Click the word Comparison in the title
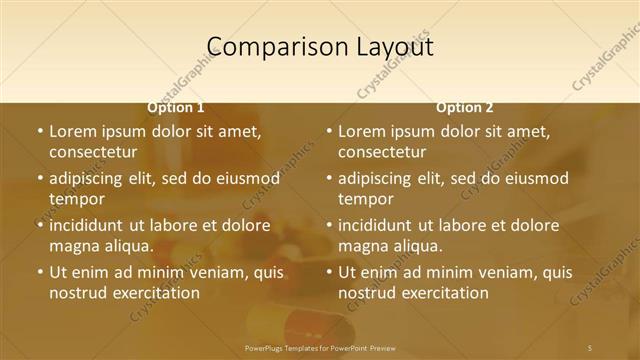click(264, 47)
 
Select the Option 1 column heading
click(176, 107)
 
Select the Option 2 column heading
click(464, 107)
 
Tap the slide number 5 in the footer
click(590, 347)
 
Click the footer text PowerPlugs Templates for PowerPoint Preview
click(320, 347)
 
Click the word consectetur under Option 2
click(382, 152)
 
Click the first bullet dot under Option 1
click(40, 131)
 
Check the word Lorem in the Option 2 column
click(361, 131)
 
